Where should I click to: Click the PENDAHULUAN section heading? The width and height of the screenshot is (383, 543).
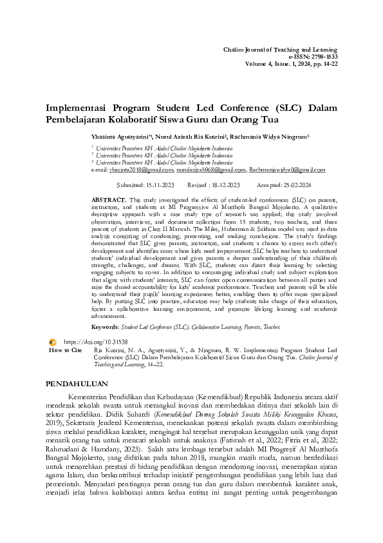click(80, 384)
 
